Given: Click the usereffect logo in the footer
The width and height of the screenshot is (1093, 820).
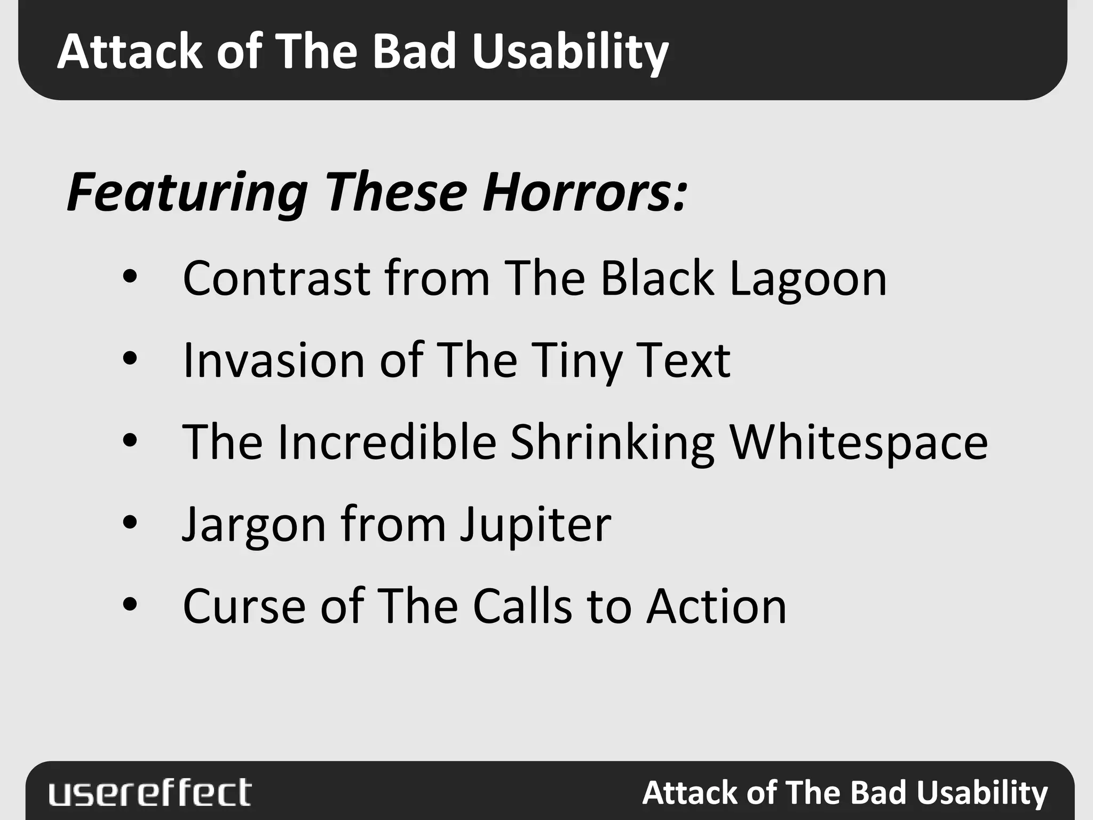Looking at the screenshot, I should (150, 792).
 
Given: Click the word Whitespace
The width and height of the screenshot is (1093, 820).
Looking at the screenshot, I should (859, 443).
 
